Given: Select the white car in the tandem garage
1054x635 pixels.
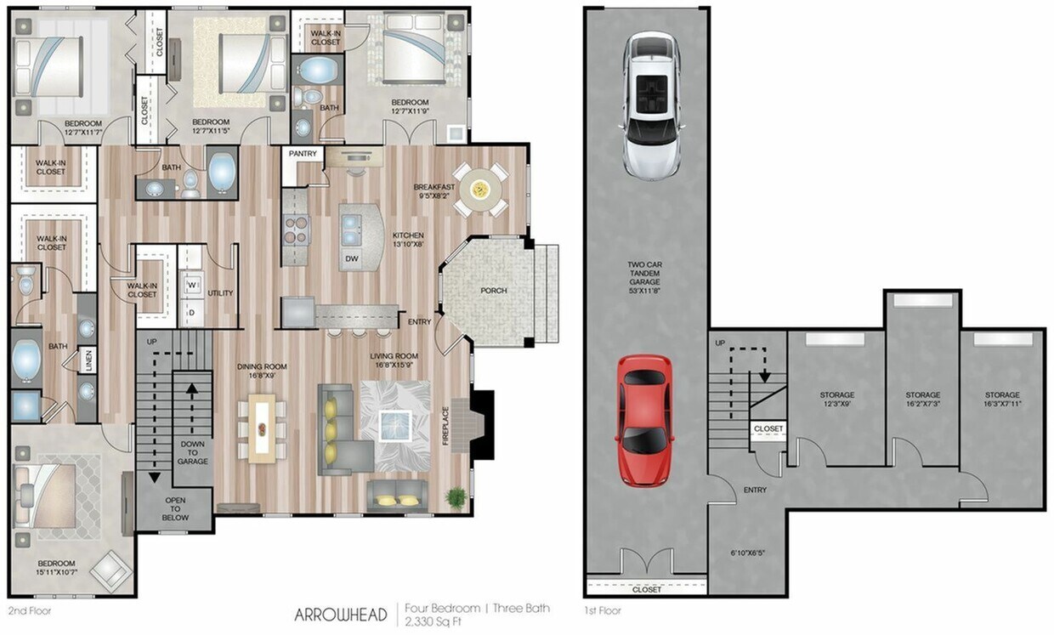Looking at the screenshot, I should (x=653, y=105).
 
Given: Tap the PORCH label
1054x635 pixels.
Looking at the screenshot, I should (x=494, y=291).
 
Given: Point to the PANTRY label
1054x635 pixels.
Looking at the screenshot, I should (x=303, y=154).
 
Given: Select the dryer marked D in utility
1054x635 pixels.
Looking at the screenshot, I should (x=191, y=313).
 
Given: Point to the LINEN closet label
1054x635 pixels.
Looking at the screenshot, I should (x=87, y=361).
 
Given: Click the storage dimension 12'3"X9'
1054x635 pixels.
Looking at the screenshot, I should (x=837, y=405).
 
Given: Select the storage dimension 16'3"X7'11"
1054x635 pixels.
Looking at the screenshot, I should (x=1002, y=405).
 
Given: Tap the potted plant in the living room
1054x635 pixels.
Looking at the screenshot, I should (x=457, y=497).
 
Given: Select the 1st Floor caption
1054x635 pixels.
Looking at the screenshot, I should (x=602, y=610).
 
